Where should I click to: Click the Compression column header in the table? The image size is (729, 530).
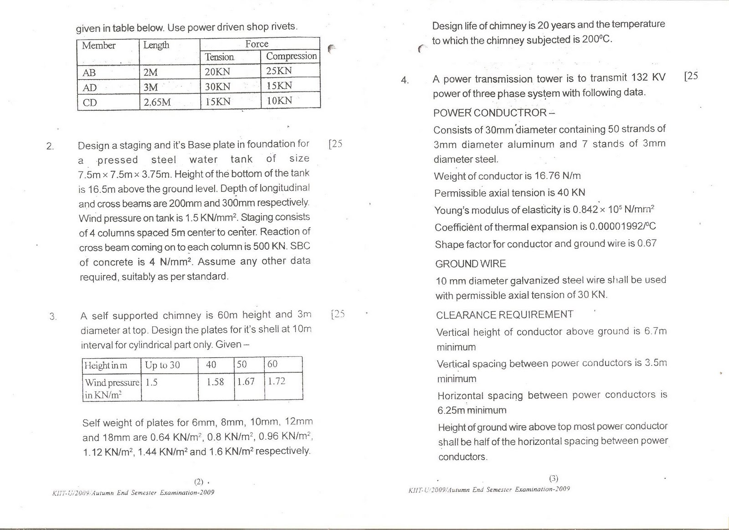click(291, 56)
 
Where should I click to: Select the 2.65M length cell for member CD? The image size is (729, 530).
click(157, 102)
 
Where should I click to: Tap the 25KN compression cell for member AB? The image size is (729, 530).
click(279, 71)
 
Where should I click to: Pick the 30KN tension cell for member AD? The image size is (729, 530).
click(217, 87)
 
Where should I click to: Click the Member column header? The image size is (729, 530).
click(98, 46)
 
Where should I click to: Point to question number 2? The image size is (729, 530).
click(50, 146)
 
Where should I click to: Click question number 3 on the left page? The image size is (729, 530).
click(52, 316)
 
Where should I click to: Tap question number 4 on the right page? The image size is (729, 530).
click(405, 81)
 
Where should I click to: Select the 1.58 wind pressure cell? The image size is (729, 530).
click(215, 382)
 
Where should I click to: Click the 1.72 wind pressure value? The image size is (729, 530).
click(276, 381)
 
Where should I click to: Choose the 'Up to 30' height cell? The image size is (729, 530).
click(162, 365)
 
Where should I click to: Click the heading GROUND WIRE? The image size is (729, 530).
click(470, 264)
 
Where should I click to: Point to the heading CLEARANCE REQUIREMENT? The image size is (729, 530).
click(504, 315)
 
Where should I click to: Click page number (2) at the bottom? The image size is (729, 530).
click(199, 482)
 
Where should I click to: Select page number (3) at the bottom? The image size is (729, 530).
click(554, 479)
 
